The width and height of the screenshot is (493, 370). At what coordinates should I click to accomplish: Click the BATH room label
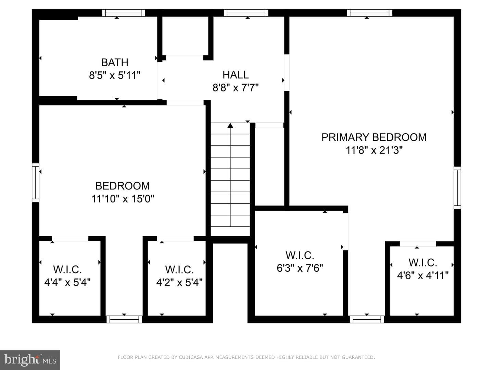[115, 62]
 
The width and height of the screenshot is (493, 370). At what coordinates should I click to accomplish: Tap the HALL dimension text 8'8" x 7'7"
[236, 88]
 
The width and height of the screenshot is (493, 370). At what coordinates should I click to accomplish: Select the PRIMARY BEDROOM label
[374, 137]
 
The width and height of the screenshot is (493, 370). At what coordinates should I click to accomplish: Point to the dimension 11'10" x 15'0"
[123, 199]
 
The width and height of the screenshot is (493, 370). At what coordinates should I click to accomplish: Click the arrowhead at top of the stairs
[230, 126]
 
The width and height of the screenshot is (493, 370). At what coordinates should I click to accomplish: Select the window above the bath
[124, 13]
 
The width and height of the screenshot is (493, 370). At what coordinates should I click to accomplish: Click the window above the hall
[246, 13]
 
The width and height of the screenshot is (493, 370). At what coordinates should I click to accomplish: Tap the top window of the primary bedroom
[369, 13]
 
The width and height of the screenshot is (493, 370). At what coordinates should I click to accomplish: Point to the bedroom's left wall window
[36, 183]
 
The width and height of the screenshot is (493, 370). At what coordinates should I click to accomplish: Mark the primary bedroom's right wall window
[457, 188]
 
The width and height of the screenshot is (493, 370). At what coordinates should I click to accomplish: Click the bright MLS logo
[30, 360]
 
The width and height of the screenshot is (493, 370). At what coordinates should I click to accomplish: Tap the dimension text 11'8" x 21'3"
[374, 150]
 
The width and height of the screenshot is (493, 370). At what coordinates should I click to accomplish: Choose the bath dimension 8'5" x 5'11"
[115, 75]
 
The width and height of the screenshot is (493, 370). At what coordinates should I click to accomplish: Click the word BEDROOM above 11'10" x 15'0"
[123, 186]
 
